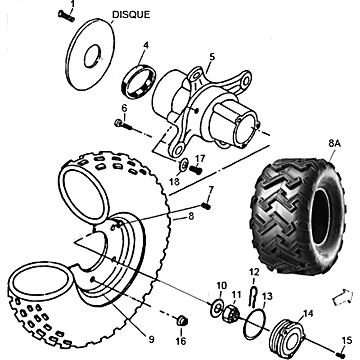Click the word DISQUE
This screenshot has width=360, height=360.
(131, 14)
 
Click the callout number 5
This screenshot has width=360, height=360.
(212, 57)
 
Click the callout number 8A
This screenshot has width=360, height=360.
(334, 144)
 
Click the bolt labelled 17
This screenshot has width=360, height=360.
(195, 171)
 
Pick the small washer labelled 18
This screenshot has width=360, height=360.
(184, 165)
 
